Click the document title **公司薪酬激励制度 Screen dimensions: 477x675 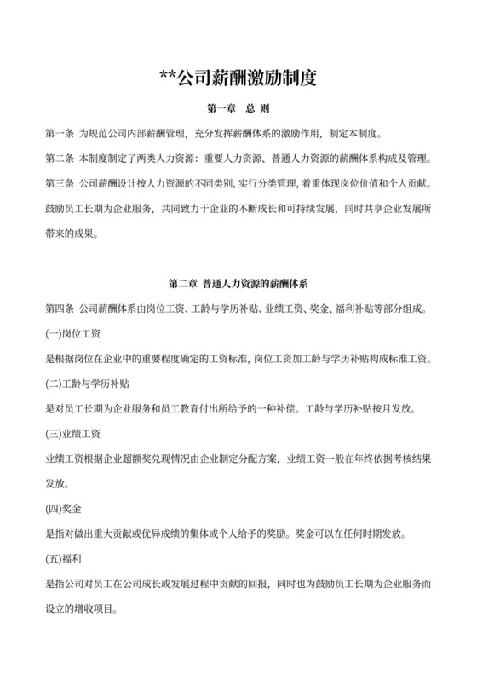(238, 79)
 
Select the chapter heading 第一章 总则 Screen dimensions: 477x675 (238, 110)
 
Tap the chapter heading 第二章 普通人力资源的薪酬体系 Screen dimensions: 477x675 (238, 282)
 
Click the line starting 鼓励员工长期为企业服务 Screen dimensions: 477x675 (238, 208)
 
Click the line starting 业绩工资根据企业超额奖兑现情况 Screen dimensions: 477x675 (238, 459)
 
